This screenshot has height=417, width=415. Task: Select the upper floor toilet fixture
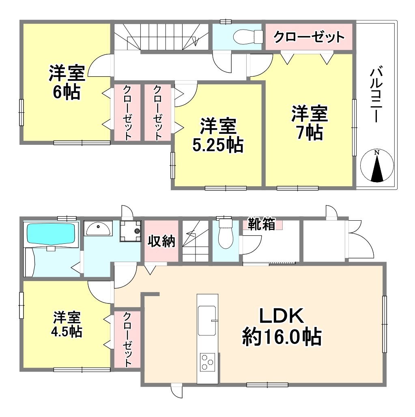coord(248,37)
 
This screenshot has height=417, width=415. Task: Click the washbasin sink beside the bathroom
coord(98,228)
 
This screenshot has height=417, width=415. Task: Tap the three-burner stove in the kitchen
coord(207,362)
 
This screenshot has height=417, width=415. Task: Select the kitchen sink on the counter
coord(207,320)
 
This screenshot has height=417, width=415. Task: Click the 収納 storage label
coord(161,241)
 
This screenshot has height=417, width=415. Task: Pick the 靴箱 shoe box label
coord(261,224)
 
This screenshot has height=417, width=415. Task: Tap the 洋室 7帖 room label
coord(310,123)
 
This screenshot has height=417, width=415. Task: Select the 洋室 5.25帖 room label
coord(218,135)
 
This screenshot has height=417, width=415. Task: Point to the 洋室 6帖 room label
coord(67,82)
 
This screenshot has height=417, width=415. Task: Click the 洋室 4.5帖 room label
coord(67,324)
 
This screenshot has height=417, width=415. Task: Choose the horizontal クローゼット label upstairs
coord(309,37)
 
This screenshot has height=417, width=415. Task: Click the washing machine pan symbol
coord(130,230)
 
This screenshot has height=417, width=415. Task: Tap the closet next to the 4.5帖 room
coord(127,340)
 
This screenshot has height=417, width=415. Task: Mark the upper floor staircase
coord(161,37)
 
